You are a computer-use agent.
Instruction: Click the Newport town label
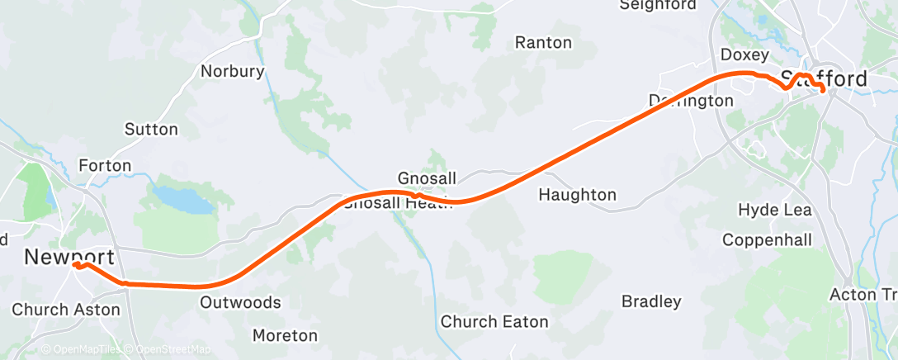click(69, 257)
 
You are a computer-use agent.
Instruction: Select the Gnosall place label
click(425, 178)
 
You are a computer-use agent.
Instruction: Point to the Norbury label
click(233, 71)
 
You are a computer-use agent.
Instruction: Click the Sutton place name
click(151, 129)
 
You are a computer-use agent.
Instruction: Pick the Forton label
click(105, 165)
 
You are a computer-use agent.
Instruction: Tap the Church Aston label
click(66, 310)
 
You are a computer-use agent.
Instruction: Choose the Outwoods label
click(240, 302)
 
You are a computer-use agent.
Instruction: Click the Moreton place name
click(285, 335)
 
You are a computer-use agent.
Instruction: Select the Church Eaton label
click(494, 321)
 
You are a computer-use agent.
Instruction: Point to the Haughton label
click(577, 195)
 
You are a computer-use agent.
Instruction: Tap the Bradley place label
click(651, 301)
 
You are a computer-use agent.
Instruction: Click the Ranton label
click(543, 41)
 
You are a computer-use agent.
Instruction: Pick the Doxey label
click(744, 55)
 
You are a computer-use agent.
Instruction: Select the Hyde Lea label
click(775, 210)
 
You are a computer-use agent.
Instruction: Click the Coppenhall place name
click(767, 239)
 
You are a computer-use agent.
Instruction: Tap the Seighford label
click(658, 5)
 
